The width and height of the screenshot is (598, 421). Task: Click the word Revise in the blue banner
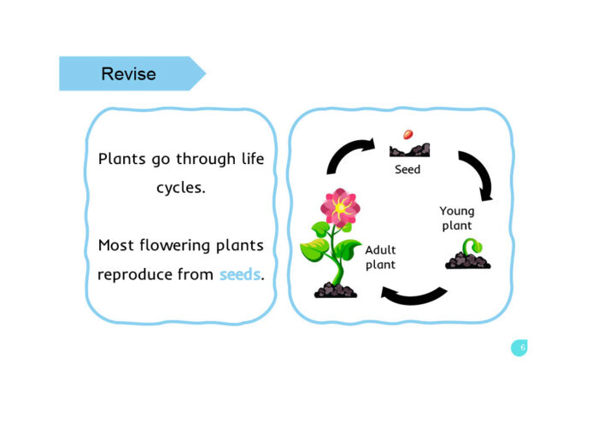(x=128, y=74)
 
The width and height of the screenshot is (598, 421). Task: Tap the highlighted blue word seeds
(x=239, y=275)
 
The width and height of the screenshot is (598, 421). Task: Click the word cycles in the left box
(x=180, y=188)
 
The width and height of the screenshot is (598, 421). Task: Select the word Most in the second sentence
(x=116, y=246)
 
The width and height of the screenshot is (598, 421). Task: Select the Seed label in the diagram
(x=407, y=170)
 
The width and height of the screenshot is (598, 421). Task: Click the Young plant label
(x=457, y=218)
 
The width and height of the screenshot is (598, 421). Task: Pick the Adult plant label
(x=380, y=258)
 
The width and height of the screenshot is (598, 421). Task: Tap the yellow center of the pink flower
(x=340, y=208)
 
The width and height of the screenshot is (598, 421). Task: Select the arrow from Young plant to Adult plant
(x=413, y=295)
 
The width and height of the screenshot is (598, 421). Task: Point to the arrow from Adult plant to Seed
(x=349, y=157)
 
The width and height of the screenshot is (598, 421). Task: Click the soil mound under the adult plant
(x=335, y=291)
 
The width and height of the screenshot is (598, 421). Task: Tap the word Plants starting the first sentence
(x=121, y=160)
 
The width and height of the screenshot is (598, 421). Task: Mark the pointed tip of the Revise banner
(x=204, y=74)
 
